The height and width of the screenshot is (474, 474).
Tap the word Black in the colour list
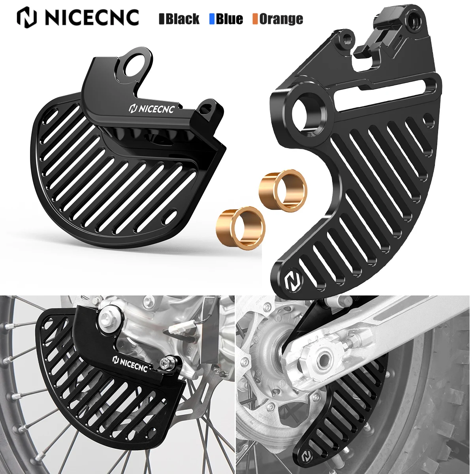point(182,19)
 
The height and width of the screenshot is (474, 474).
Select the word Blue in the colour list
point(229,19)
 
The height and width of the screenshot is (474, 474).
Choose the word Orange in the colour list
point(281,19)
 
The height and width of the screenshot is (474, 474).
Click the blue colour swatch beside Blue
point(212,19)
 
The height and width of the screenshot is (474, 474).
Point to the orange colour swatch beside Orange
point(255,19)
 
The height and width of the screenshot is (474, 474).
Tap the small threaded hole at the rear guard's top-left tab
point(347,38)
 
